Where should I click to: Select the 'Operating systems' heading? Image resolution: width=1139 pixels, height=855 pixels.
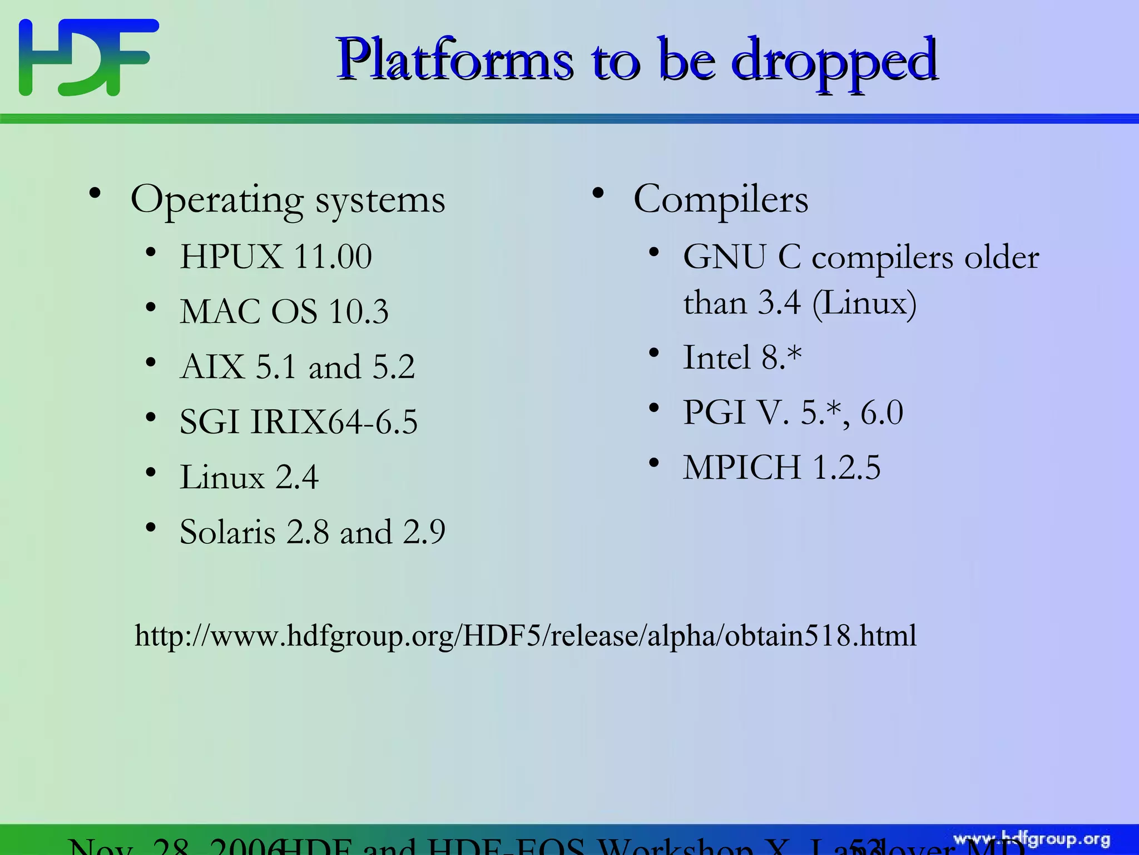pyautogui.click(x=288, y=199)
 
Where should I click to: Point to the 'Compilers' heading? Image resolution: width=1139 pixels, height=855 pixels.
pyautogui.click(x=720, y=199)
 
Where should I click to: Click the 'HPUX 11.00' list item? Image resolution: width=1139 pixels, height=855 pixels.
pyautogui.click(x=276, y=257)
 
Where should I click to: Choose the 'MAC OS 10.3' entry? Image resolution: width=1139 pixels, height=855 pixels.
pyautogui.click(x=284, y=311)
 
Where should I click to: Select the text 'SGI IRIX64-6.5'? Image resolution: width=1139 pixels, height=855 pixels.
pyautogui.click(x=299, y=421)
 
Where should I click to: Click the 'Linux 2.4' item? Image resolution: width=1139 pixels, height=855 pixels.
pyautogui.click(x=249, y=477)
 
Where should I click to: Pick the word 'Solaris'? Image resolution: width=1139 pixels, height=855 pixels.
pyautogui.click(x=227, y=532)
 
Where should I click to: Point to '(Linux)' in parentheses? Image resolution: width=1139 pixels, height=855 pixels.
pyautogui.click(x=864, y=304)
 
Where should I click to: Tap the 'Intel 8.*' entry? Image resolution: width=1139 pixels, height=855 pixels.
pyautogui.click(x=742, y=357)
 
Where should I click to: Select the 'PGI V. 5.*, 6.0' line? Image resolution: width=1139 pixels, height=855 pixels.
pyautogui.click(x=793, y=412)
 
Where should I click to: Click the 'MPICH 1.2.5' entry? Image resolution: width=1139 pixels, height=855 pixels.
pyautogui.click(x=781, y=467)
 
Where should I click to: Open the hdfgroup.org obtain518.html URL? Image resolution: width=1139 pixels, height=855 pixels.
pyautogui.click(x=526, y=635)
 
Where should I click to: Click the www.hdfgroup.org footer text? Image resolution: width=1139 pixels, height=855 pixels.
pyautogui.click(x=1032, y=839)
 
